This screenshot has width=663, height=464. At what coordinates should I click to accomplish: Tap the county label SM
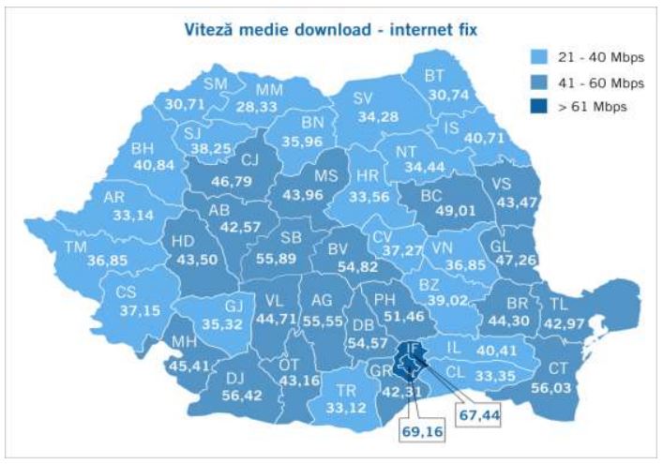[x=217, y=85]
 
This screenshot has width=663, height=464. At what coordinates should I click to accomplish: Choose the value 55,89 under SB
[x=278, y=259]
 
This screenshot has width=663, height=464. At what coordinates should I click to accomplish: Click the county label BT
[x=434, y=76]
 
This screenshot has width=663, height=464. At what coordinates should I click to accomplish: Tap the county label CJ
[x=249, y=157]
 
